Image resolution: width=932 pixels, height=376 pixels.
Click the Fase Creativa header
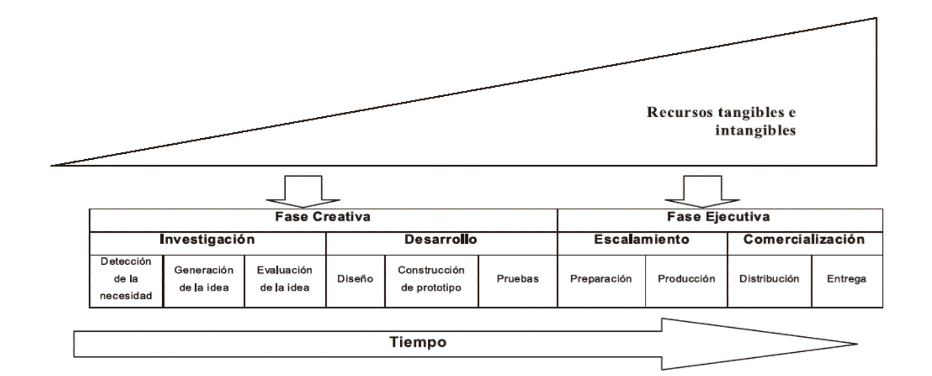pyautogui.click(x=323, y=217)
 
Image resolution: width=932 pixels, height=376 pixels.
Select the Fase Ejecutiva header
pyautogui.click(x=718, y=217)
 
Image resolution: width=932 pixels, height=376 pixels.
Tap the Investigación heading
pyautogui.click(x=207, y=240)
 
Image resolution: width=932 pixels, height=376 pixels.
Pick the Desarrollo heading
pyautogui.click(x=441, y=240)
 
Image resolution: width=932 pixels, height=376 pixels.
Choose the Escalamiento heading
pyautogui.click(x=642, y=240)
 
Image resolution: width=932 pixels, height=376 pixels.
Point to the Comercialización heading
pyautogui.click(x=804, y=240)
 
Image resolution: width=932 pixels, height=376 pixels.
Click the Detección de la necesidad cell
pyautogui.click(x=126, y=279)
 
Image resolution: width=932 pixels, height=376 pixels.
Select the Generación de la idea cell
pyautogui.click(x=204, y=279)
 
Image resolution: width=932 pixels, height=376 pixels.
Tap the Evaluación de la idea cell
pyautogui.click(x=284, y=279)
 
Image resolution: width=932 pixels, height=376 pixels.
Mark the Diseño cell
pyautogui.click(x=355, y=279)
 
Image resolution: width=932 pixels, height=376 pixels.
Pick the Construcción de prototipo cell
pyautogui.click(x=431, y=279)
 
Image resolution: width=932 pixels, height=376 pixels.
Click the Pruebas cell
pyautogui.click(x=518, y=279)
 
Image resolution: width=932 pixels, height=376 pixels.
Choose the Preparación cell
pyautogui.click(x=601, y=279)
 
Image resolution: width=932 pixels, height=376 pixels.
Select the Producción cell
pyautogui.click(x=686, y=279)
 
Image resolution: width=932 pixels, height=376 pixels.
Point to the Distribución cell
pyautogui.click(x=769, y=279)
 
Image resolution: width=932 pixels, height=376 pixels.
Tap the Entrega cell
pyautogui.click(x=846, y=279)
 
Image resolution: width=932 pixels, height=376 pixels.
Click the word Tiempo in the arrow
pyautogui.click(x=418, y=343)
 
